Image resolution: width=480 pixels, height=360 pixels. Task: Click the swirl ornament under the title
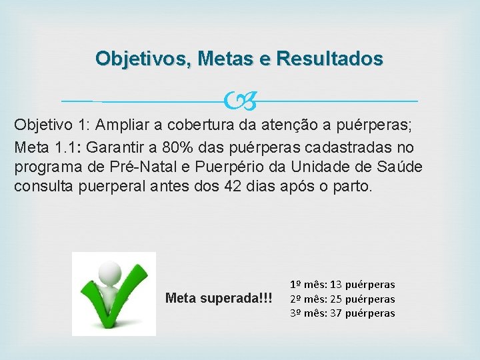240,101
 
